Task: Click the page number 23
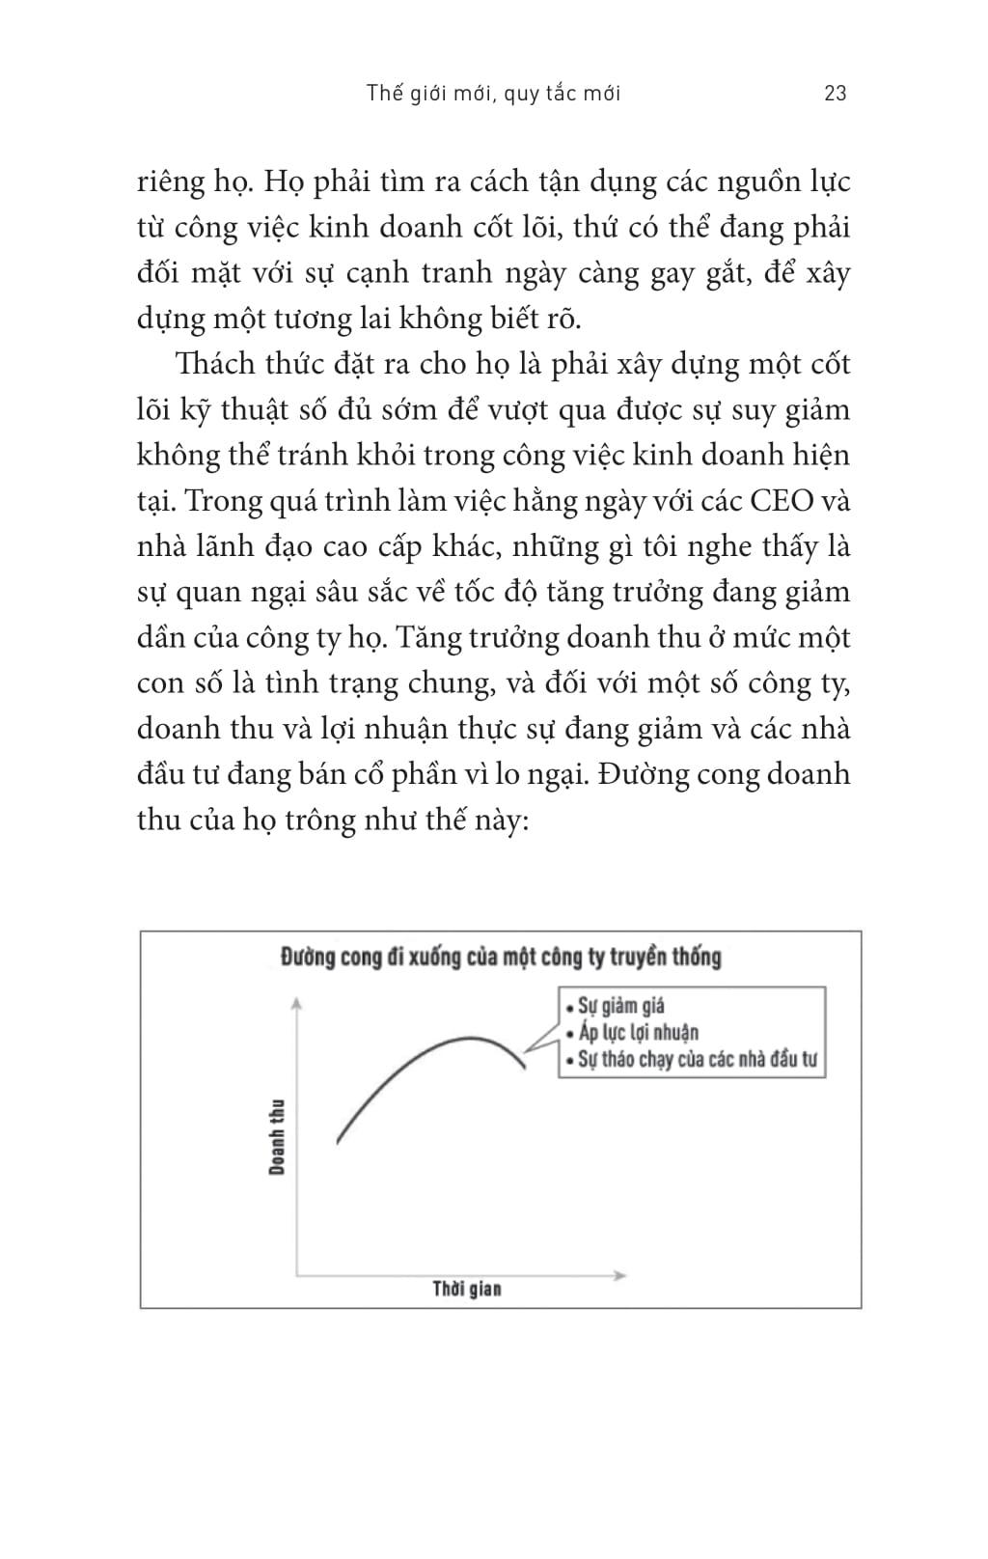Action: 836,93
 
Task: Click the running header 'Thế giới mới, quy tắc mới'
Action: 494,93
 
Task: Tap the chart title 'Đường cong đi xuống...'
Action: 501,957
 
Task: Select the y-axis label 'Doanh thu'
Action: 278,1136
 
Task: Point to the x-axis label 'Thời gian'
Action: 467,1289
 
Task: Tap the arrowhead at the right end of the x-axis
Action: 620,1275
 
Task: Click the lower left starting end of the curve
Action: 338,1142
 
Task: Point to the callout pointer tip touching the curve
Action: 526,1052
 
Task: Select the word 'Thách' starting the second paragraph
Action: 215,365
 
